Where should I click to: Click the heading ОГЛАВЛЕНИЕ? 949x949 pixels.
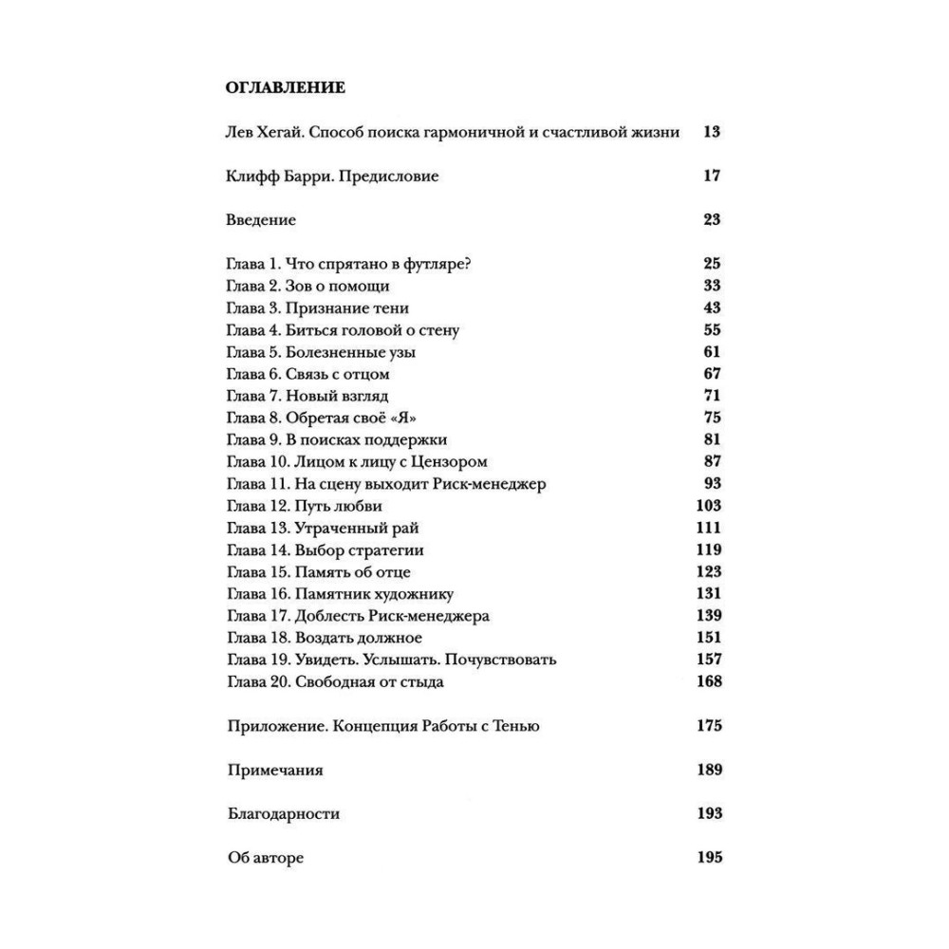pos(286,88)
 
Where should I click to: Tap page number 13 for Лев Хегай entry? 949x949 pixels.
pos(712,132)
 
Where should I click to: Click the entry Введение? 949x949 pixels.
pos(262,220)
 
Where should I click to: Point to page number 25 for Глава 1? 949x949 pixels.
pos(712,264)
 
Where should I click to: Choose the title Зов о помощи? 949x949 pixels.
pos(344,286)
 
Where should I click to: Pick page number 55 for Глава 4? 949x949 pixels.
pos(712,330)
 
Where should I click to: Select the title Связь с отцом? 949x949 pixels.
pos(344,374)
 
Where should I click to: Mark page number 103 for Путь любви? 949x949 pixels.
pos(708,506)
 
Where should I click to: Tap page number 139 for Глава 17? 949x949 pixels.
pos(708,616)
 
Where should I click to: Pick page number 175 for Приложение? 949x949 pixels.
pos(708,726)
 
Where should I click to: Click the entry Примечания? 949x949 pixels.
pos(275,770)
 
